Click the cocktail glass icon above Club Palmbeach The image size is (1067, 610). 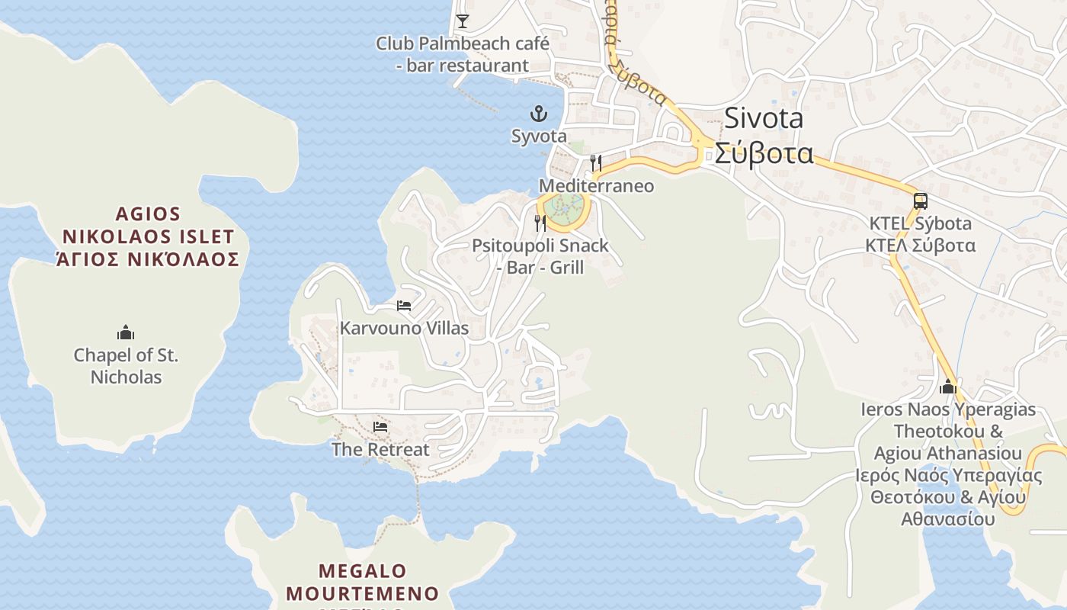coord(462,21)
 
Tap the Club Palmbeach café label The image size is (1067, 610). coord(462,54)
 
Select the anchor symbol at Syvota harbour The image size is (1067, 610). coord(539,114)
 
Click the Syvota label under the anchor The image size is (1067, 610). coord(539,136)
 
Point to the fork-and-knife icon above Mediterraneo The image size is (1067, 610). coord(596,162)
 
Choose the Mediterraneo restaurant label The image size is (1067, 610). coord(596,186)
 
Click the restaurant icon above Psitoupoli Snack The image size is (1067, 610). coord(540,223)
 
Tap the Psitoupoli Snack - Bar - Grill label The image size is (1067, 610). coord(540,256)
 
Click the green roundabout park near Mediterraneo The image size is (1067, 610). coord(565,206)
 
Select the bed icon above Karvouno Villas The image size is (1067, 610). coord(404,306)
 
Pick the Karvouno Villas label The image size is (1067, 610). coord(404,329)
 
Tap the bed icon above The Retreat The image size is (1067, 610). coord(380,427)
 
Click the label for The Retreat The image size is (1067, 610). coord(380,450)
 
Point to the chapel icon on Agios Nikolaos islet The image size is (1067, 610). coord(126,332)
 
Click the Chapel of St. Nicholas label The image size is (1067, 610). coord(126,366)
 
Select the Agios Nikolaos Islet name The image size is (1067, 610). coord(149,236)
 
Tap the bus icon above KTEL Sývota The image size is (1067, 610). coord(921,201)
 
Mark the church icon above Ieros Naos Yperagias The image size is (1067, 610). coord(948,387)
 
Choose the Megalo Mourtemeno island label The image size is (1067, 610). coord(363,582)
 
